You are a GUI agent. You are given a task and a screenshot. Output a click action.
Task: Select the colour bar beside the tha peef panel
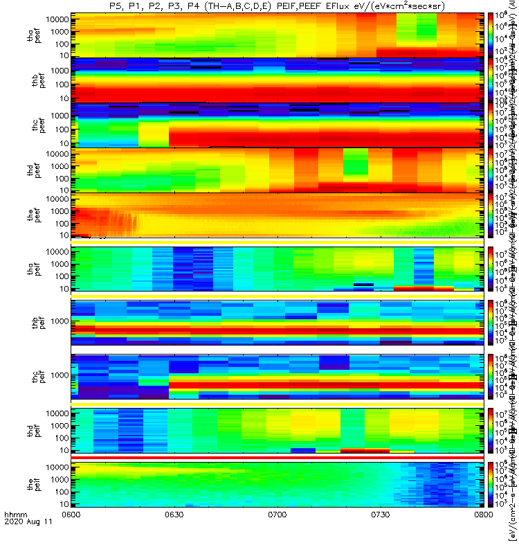coord(491,35)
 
